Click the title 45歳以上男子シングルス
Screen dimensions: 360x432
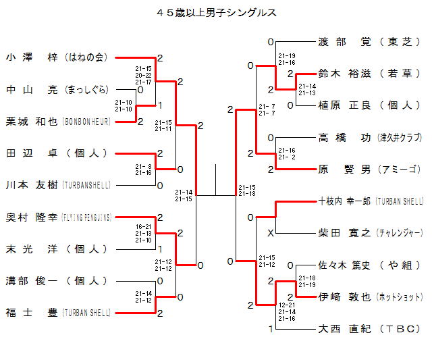216,12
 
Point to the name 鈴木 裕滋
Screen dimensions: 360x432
344,74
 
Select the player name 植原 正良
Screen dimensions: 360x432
344,105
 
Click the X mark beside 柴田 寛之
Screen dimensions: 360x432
270,234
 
